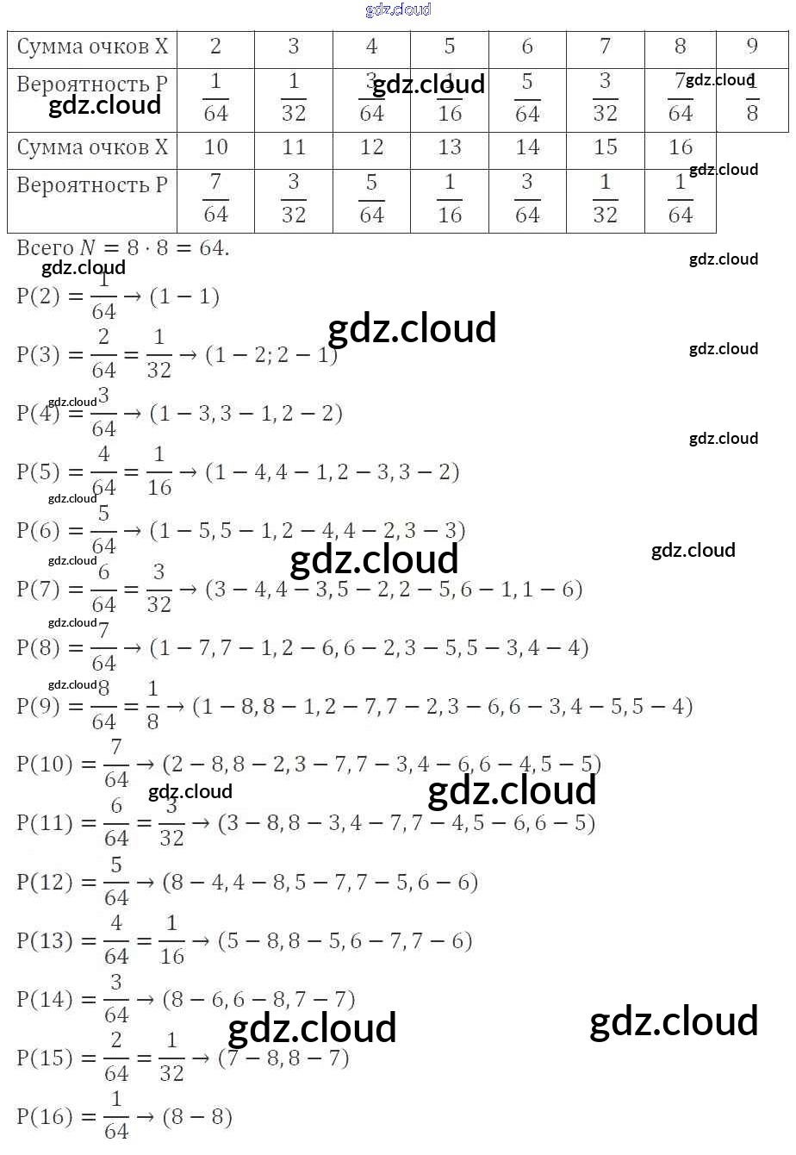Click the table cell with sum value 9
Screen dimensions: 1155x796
(752, 47)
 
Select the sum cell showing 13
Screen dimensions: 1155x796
(450, 147)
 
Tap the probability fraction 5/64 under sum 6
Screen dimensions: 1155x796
(527, 98)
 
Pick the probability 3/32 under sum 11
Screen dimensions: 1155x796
(294, 198)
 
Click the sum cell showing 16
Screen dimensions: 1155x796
(681, 147)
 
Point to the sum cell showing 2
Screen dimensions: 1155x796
(215, 47)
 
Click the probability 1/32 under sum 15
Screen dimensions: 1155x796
(605, 198)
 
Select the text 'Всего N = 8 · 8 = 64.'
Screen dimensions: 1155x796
(123, 248)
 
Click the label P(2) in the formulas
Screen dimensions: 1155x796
(39, 297)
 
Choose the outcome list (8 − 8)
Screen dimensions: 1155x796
(196, 1117)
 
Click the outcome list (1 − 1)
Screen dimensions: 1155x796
(184, 297)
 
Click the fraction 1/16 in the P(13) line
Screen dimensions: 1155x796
(171, 941)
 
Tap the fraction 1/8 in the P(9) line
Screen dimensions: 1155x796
(152, 706)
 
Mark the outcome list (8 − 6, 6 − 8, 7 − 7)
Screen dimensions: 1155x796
(258, 1000)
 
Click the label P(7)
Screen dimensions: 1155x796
(39, 590)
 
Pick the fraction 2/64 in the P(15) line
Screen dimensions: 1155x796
(116, 1058)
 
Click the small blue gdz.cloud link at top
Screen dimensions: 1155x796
(398, 9)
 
